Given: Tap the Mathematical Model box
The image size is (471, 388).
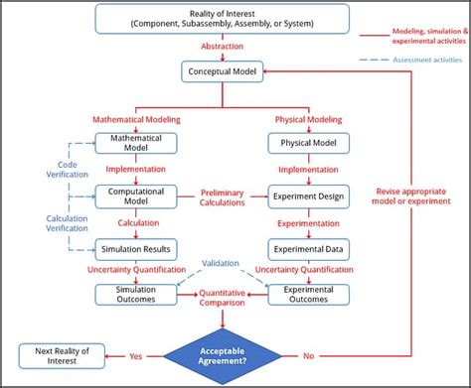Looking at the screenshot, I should (136, 143).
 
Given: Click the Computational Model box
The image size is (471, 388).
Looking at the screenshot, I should (136, 195).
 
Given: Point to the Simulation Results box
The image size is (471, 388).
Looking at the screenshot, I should (136, 247).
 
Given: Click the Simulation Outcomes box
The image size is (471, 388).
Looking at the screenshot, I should (136, 295).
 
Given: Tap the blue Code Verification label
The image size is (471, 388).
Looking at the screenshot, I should (40, 170).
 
